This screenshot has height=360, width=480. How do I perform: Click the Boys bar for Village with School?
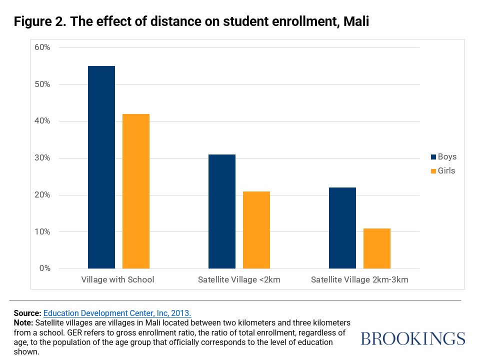[101, 167]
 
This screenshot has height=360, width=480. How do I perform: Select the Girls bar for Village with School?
[135, 191]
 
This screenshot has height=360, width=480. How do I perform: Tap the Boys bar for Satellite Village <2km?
[221, 211]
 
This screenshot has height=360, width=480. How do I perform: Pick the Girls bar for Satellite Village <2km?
[256, 230]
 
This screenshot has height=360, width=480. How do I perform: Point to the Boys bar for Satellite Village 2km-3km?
[342, 228]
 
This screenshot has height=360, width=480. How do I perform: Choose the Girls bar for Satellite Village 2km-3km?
[377, 248]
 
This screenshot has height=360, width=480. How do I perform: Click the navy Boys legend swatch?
[433, 157]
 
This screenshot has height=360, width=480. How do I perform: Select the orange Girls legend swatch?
[433, 171]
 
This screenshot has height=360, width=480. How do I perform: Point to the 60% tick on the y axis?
[42, 47]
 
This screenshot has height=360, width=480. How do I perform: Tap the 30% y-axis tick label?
[42, 158]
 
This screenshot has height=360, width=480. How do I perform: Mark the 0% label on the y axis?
[44, 268]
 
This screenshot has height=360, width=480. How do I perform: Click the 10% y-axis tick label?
[42, 232]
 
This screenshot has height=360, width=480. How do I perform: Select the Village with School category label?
[118, 280]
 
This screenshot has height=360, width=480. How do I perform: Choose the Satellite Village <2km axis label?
[238, 280]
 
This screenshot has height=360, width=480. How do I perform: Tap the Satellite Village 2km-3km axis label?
[359, 280]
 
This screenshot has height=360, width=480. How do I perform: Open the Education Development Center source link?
[117, 313]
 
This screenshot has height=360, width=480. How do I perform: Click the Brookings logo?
[412, 338]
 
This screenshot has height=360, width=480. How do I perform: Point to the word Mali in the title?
[356, 22]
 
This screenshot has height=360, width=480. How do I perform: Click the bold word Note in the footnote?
[23, 323]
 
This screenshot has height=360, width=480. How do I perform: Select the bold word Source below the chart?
[27, 313]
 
